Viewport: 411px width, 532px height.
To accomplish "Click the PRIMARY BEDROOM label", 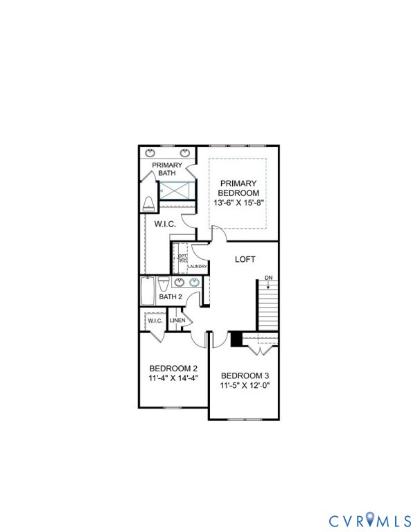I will (238, 188).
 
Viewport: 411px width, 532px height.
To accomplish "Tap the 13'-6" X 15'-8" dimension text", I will (238, 202).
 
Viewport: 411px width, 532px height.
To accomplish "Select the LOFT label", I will (245, 259).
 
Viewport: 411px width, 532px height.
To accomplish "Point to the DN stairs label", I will (268, 278).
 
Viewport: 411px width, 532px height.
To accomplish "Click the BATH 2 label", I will (170, 297).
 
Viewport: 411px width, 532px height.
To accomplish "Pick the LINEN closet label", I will (177, 321).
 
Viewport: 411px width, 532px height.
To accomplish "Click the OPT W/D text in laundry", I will (182, 258).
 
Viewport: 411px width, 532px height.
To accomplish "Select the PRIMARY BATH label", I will (167, 169).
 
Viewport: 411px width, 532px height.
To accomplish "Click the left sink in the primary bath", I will (151, 152).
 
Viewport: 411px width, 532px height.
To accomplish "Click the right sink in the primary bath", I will (185, 152).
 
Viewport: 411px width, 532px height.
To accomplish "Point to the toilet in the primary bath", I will (148, 204).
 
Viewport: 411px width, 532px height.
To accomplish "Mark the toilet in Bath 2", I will (163, 284).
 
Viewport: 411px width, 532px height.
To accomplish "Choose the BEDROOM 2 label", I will (173, 368).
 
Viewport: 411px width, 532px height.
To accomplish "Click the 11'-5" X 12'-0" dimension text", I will (244, 386).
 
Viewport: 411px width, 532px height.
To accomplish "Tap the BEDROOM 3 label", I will (244, 375).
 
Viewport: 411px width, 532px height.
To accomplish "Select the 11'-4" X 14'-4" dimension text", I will (173, 378).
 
